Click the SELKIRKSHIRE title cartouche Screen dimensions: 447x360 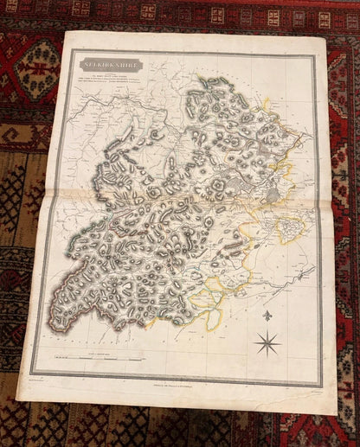(111, 64)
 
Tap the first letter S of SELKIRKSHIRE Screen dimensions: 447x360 (85, 64)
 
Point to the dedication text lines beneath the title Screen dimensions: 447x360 (111, 80)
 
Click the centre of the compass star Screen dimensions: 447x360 (268, 343)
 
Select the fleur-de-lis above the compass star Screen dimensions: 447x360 (267, 316)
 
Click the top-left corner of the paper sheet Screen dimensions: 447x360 (65, 32)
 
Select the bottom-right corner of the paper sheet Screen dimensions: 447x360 (337, 413)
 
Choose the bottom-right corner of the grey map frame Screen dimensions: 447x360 (321, 386)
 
